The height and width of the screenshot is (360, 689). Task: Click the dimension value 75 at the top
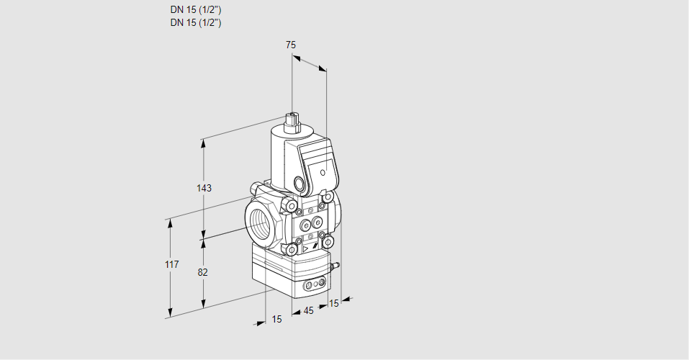pos(291,45)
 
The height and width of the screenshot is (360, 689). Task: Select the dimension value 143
pos(204,188)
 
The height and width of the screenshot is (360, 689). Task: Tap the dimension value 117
pos(171,265)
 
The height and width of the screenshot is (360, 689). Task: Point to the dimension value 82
pos(203,272)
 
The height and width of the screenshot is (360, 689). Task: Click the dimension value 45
pos(308,311)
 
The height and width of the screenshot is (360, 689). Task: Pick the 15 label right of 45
pos(333,304)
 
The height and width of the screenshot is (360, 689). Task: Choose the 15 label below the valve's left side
pos(276,319)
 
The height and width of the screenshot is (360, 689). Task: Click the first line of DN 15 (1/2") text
pos(195,10)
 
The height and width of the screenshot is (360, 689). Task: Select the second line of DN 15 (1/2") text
pos(195,22)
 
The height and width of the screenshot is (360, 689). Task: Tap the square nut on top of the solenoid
pos(292,120)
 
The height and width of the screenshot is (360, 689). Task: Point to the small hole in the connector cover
pos(323,173)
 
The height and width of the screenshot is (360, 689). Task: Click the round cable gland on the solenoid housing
pos(300,181)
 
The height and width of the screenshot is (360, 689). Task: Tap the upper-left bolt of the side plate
pos(292,208)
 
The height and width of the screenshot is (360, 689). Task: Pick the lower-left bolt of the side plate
pos(292,250)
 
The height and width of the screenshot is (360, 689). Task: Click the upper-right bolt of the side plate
pos(328,197)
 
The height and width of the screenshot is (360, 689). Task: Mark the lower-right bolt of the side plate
pos(328,242)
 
